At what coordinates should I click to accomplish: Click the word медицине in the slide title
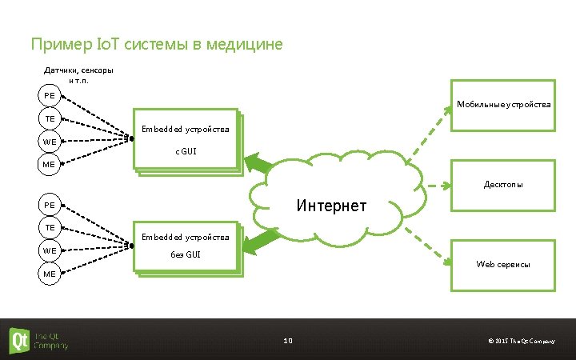click(246, 44)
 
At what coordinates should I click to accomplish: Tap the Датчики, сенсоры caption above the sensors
click(78, 70)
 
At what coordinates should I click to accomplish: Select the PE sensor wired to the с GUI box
click(50, 96)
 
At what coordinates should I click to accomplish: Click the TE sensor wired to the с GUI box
click(50, 118)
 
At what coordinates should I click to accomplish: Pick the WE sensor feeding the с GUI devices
click(50, 142)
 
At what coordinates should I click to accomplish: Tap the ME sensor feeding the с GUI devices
click(50, 164)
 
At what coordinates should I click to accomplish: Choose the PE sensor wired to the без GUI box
click(50, 205)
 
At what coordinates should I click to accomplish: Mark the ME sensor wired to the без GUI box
click(50, 274)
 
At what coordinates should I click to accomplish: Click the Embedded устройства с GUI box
click(186, 140)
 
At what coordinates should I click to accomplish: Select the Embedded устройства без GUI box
click(186, 248)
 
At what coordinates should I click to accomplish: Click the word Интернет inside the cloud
click(331, 206)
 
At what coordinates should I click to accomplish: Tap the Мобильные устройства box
click(503, 105)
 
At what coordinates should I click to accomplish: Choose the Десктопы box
click(503, 185)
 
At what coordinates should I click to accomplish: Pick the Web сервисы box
click(503, 264)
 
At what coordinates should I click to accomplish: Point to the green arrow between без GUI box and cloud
click(258, 239)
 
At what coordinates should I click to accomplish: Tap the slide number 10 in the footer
click(288, 341)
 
